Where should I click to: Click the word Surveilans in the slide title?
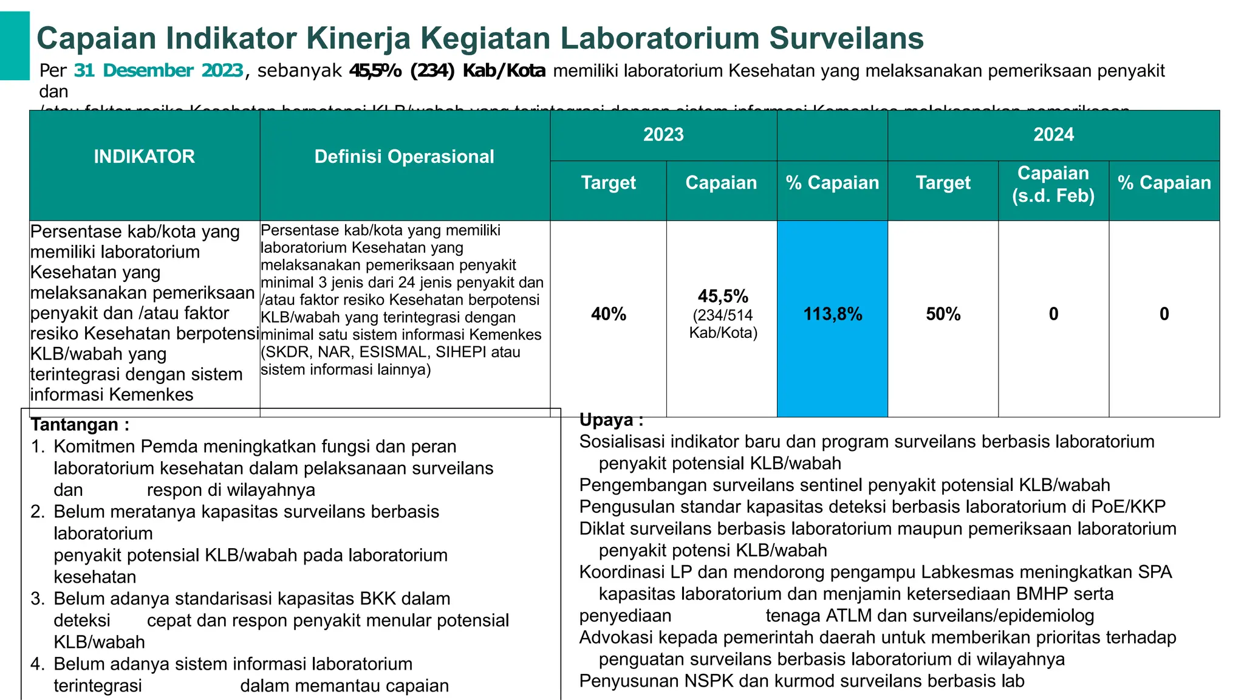(x=846, y=38)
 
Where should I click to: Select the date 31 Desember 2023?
(x=159, y=70)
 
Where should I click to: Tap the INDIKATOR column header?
(x=144, y=157)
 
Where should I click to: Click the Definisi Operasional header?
(x=404, y=157)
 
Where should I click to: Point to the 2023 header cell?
(x=663, y=134)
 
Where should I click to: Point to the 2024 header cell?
(x=1053, y=134)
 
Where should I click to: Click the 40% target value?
(x=609, y=314)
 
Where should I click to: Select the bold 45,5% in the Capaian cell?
(x=723, y=297)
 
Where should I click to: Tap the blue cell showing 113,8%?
(x=832, y=314)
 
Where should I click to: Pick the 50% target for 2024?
(x=943, y=314)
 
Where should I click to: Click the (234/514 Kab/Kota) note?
(x=723, y=324)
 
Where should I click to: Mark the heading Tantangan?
(x=80, y=424)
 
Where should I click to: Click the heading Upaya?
(x=610, y=420)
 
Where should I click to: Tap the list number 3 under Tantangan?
(x=38, y=599)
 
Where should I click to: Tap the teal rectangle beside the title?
(x=15, y=46)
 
